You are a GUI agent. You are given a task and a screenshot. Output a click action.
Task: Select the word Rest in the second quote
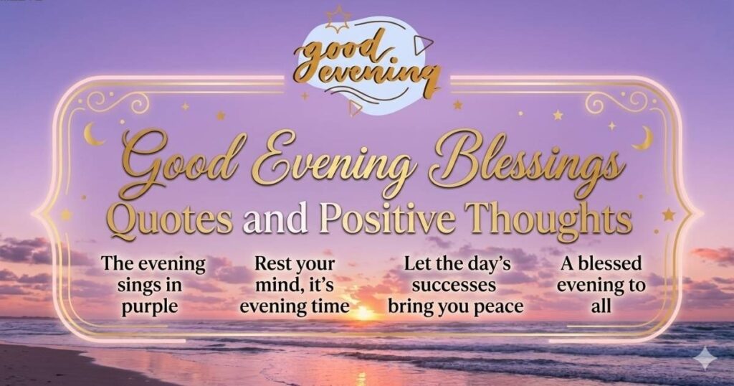[x=270, y=264]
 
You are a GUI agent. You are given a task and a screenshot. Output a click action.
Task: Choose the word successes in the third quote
[x=454, y=286]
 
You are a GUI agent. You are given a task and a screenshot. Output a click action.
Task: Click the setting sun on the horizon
[x=363, y=313]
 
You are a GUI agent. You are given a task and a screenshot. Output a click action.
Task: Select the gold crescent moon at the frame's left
[x=92, y=134]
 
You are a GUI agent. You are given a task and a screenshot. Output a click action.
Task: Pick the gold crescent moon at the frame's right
[x=644, y=139]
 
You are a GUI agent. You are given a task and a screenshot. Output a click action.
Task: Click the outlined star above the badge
[x=338, y=19]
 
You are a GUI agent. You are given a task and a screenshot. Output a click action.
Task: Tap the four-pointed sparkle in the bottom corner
[x=705, y=359]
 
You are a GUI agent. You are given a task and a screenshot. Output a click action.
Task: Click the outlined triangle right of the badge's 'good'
[x=423, y=44]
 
